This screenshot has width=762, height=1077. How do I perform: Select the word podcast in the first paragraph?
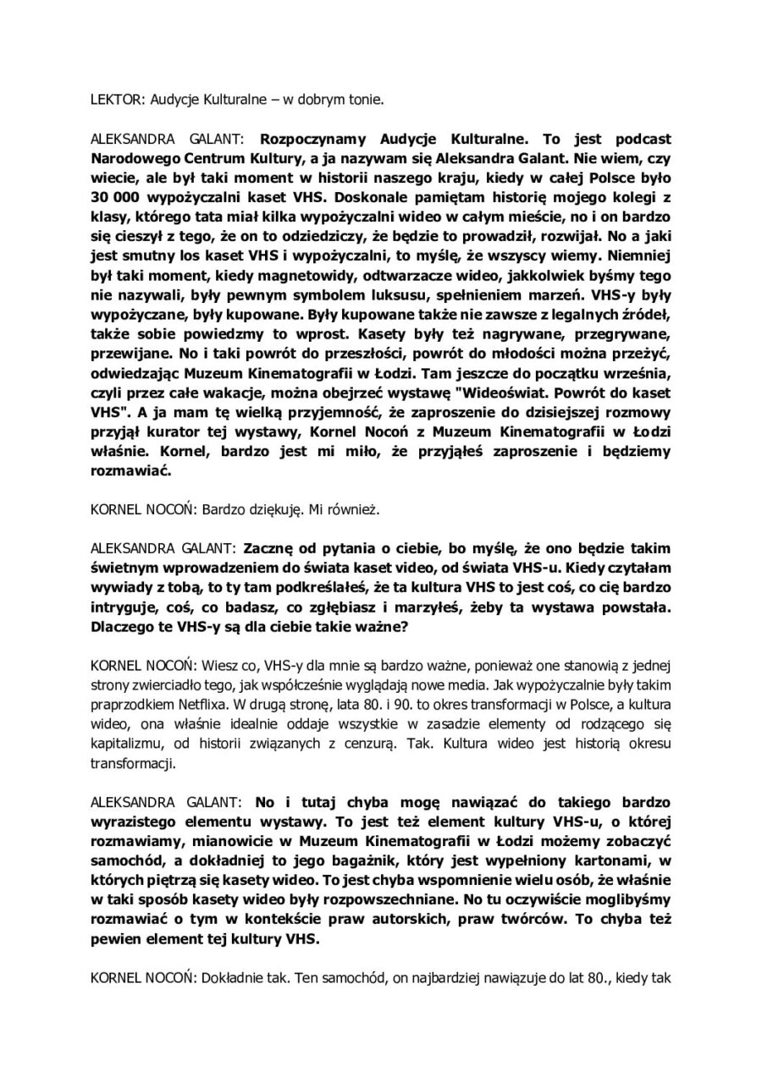(635, 138)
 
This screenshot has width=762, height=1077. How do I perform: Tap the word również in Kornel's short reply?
(351, 510)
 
